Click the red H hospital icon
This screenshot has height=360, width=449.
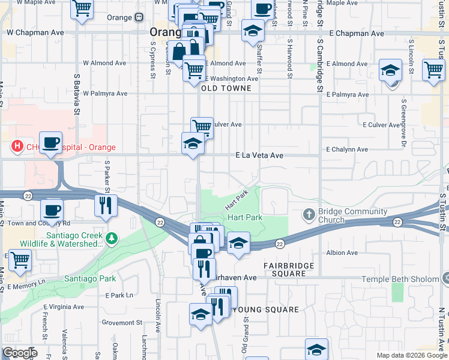(x=17, y=146)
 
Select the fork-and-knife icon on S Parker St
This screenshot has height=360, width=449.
(x=105, y=205)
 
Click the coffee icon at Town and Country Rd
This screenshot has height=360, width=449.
(x=52, y=210)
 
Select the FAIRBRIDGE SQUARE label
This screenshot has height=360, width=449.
(x=285, y=269)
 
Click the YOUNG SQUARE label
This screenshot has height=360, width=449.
(x=265, y=310)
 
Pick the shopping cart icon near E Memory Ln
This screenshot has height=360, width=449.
(x=20, y=260)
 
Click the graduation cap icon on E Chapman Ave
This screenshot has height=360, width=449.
(x=253, y=29)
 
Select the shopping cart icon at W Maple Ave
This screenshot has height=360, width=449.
(x=82, y=8)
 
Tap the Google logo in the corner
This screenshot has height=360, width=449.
(x=20, y=353)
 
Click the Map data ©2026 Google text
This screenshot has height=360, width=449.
(x=411, y=355)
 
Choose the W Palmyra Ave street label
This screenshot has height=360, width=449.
(x=105, y=94)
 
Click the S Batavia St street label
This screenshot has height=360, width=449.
(x=77, y=94)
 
